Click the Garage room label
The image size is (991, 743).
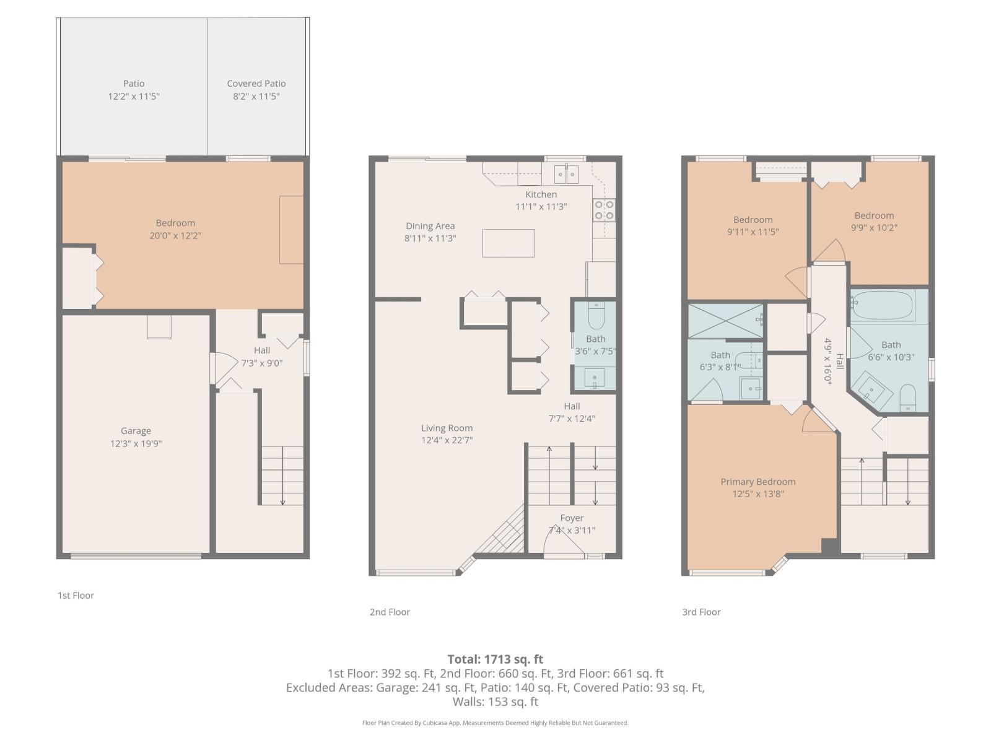click(136, 431)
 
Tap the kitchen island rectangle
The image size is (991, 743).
click(508, 243)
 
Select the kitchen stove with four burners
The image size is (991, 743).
click(604, 210)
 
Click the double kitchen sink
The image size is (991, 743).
click(566, 175)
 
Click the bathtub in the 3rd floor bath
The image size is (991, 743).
click(882, 305)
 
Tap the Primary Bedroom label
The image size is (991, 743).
click(757, 482)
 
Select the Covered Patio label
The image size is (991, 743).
click(256, 84)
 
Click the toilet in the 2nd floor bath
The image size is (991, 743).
click(596, 316)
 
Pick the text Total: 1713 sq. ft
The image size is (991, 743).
click(495, 659)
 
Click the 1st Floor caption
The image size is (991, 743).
click(76, 595)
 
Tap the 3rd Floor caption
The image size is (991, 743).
click(701, 612)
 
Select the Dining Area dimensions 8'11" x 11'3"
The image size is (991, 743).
click(430, 238)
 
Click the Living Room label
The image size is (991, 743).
click(447, 428)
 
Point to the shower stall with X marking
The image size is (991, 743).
click(725, 321)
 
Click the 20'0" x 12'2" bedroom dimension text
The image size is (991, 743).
click(175, 235)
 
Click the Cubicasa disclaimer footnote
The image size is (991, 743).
click(495, 723)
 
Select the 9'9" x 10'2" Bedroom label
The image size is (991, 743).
click(874, 215)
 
